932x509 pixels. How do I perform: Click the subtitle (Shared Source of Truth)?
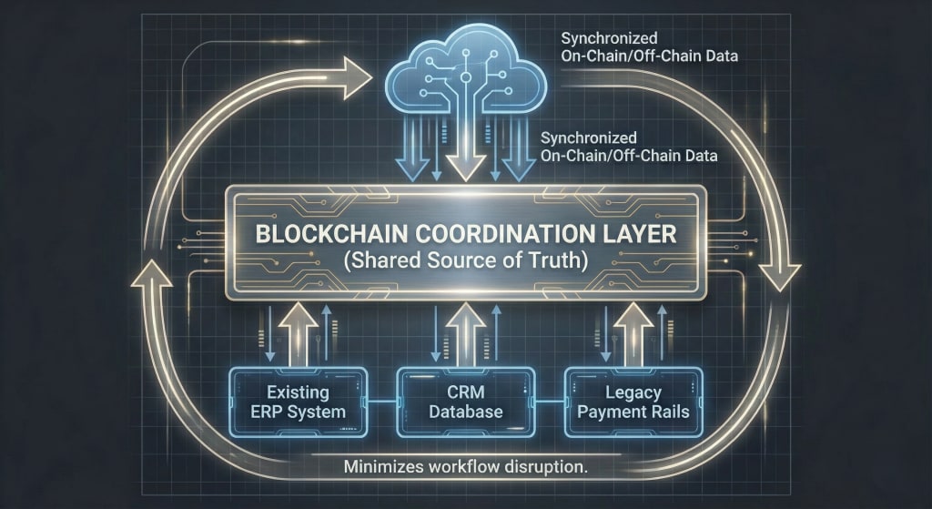[x=465, y=260]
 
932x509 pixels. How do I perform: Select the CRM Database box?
[x=465, y=402]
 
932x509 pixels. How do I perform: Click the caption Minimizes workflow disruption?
[x=464, y=468]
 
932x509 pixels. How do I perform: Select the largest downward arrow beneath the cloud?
[x=466, y=155]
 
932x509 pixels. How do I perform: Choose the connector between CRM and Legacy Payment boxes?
[x=550, y=402]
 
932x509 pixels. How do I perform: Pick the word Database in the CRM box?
[x=465, y=412]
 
